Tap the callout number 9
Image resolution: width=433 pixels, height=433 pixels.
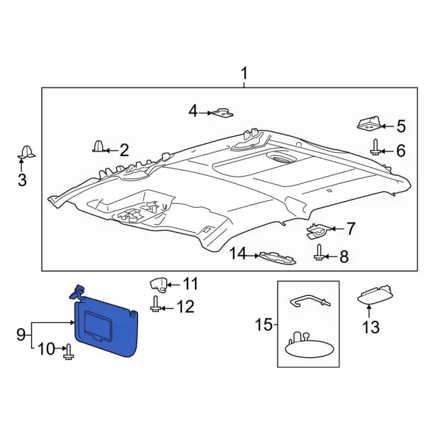[21, 334]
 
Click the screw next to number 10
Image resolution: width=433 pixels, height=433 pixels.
[68, 351]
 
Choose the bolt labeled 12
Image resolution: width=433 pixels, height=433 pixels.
[156, 306]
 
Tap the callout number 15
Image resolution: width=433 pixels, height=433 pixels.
[262, 325]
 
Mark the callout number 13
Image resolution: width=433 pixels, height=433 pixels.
[369, 328]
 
